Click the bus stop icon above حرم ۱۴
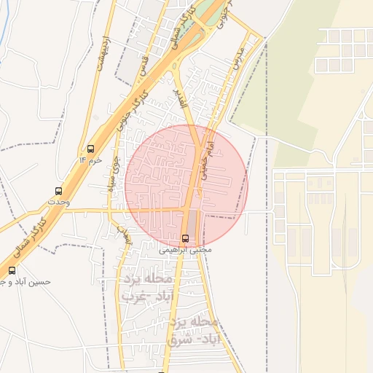(90, 149)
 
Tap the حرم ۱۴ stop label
(90, 160)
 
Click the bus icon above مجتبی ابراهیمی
(185, 238)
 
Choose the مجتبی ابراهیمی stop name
(185, 249)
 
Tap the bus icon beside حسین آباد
(12, 270)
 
